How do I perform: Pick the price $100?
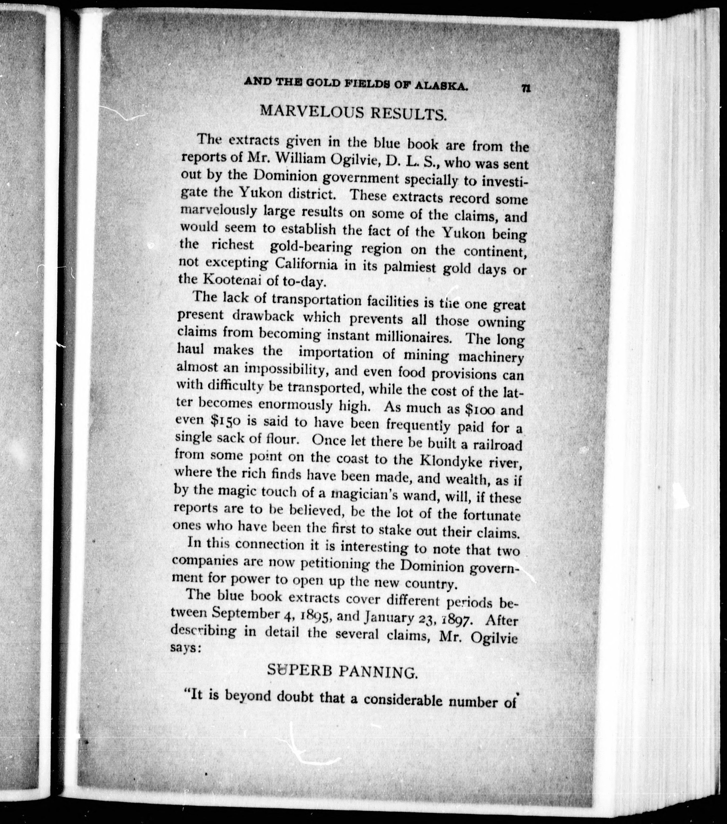coord(483,409)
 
